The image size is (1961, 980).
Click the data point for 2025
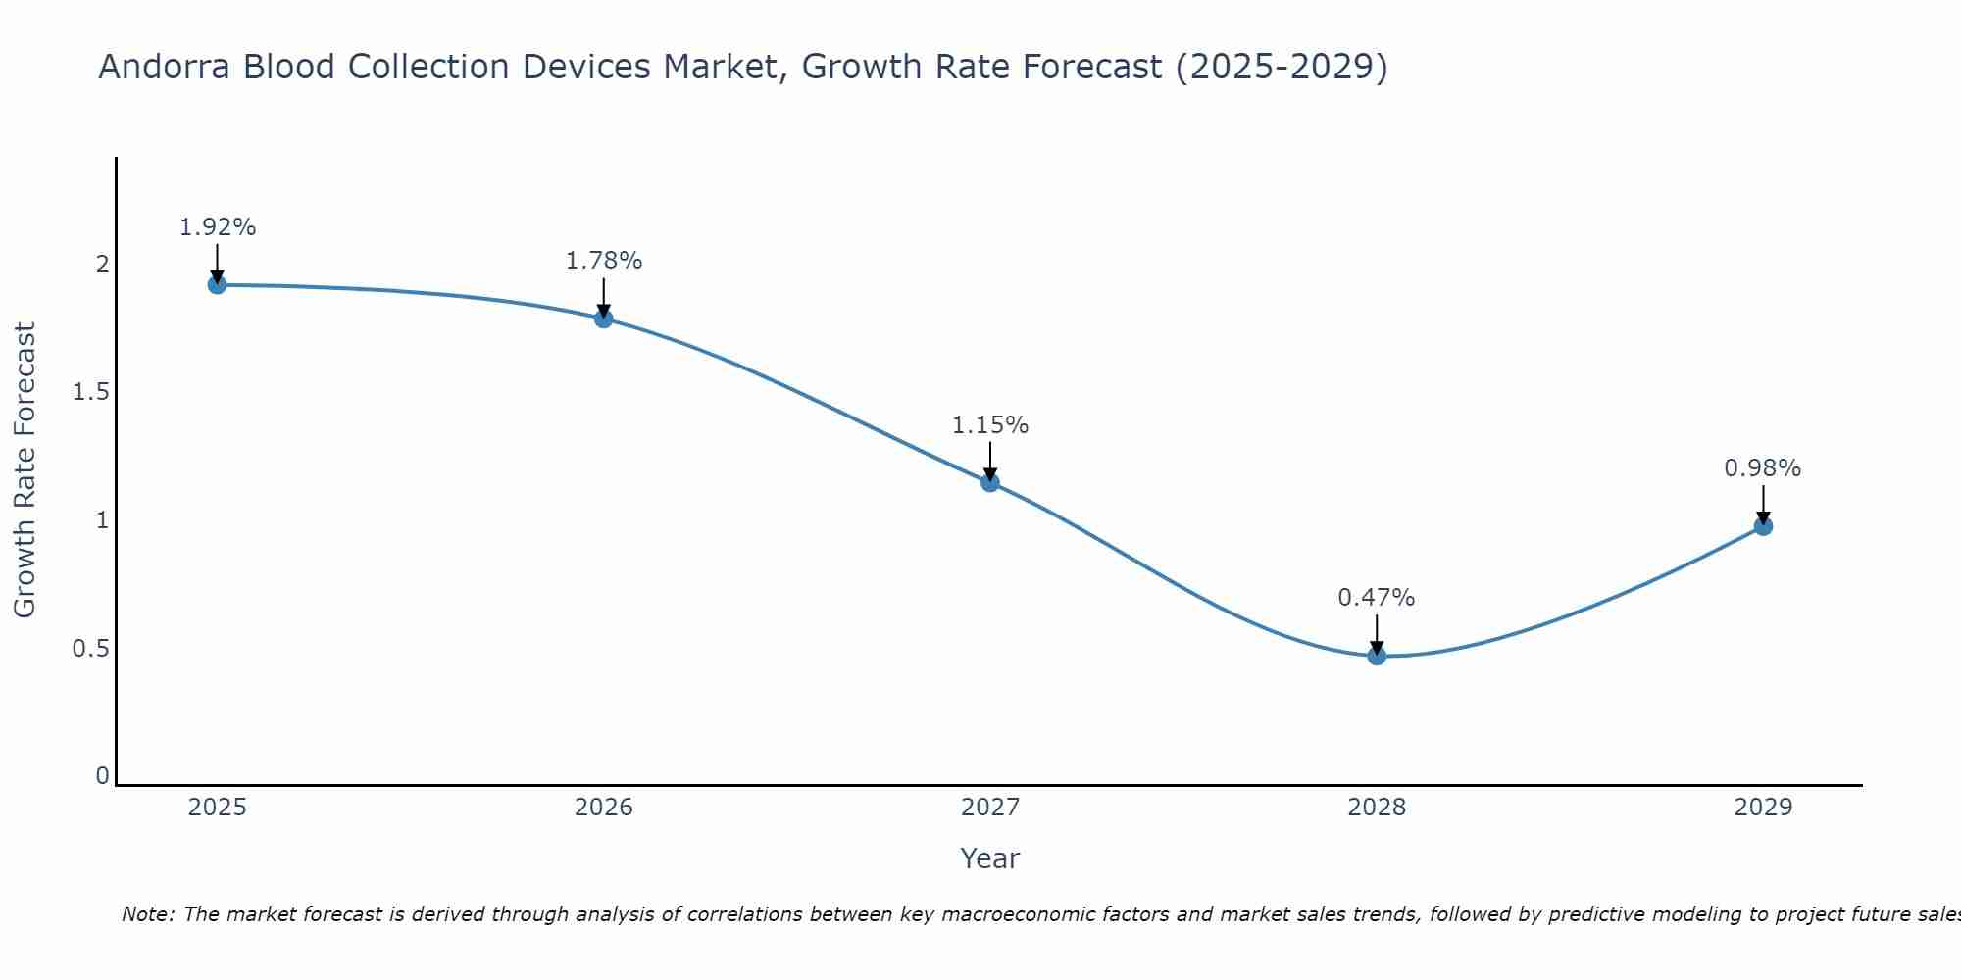pos(217,285)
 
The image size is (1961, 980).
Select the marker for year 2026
pos(603,318)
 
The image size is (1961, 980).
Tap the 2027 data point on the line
pos(990,482)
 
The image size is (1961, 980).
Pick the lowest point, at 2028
pos(1377,656)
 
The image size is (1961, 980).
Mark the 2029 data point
pos(1763,526)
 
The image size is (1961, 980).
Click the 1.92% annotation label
pos(218,227)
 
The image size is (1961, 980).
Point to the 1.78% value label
pos(604,261)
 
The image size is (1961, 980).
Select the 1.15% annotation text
pos(990,425)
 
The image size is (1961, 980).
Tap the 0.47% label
pos(1377,598)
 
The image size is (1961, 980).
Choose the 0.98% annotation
pos(1763,468)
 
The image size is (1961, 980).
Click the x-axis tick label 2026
pos(604,808)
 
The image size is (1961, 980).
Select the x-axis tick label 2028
pos(1377,808)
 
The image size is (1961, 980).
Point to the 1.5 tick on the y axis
pos(90,392)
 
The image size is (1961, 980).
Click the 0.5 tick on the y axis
pos(90,649)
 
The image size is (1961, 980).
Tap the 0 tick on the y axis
pos(102,776)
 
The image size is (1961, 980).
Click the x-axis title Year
pos(990,858)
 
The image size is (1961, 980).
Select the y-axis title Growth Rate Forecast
pos(25,470)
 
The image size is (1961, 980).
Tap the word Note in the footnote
pos(147,914)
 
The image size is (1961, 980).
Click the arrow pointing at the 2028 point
pos(1377,634)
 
